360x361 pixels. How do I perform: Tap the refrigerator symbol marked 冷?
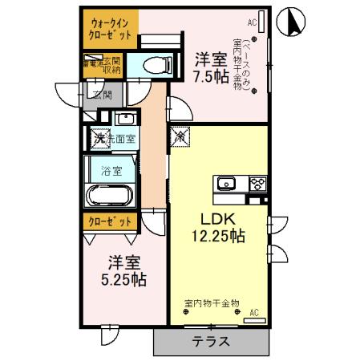(180, 136)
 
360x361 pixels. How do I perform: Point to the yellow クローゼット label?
(111, 221)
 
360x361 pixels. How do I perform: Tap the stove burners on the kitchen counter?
(257, 184)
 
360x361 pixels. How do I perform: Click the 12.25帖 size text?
(216, 237)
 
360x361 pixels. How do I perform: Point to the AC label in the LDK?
(253, 311)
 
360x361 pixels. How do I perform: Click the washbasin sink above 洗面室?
(124, 120)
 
